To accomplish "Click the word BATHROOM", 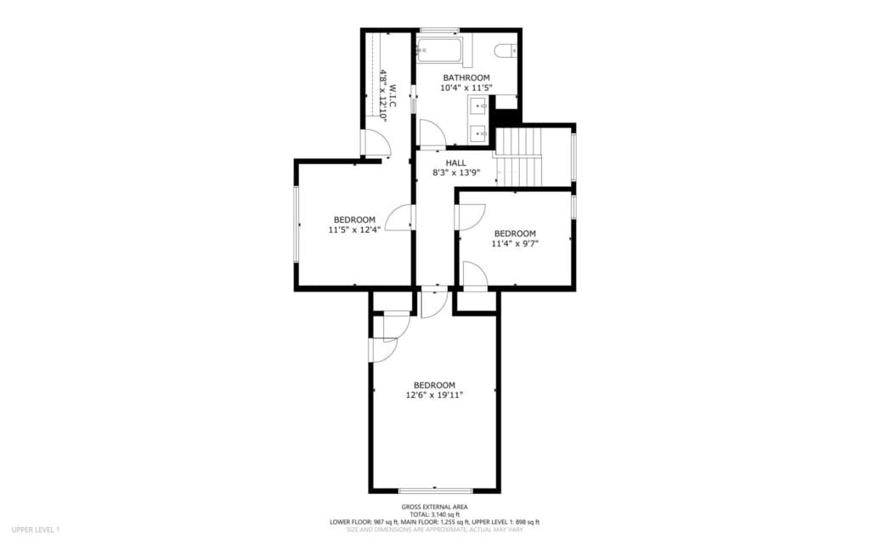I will click(466, 77).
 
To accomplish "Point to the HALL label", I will click(456, 162).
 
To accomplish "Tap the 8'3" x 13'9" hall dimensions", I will click(456, 173).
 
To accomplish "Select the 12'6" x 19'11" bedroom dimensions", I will click(434, 394).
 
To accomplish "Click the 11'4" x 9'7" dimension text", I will click(515, 244).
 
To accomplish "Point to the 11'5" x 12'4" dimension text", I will click(354, 229).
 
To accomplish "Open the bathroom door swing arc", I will click(432, 133).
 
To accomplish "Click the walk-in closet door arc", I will click(375, 144).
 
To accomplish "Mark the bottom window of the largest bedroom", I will click(435, 490).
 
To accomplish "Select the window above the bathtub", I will click(438, 31).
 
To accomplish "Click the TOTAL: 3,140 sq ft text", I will click(434, 514).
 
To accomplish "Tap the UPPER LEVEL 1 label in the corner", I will click(36, 530).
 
